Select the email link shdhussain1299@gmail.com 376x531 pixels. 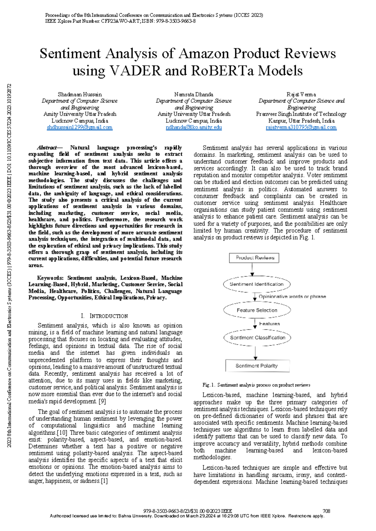[x=80, y=127]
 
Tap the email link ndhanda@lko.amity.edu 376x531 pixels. [x=194, y=127]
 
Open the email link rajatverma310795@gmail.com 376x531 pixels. [x=301, y=127]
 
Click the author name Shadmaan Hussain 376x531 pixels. [x=80, y=94]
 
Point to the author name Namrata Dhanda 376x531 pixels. [x=194, y=94]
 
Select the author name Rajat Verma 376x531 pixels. [x=301, y=94]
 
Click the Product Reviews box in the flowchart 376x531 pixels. [x=254, y=258]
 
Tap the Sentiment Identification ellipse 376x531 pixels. [x=257, y=284]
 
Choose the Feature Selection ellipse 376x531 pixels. [x=257, y=310]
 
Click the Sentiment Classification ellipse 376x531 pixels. [x=258, y=338]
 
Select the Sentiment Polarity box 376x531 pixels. [x=257, y=366]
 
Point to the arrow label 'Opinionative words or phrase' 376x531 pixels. [x=292, y=296]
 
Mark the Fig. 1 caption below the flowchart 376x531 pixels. [x=256, y=385]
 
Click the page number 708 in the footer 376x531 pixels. [x=326, y=511]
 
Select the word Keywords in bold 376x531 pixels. [x=50, y=278]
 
